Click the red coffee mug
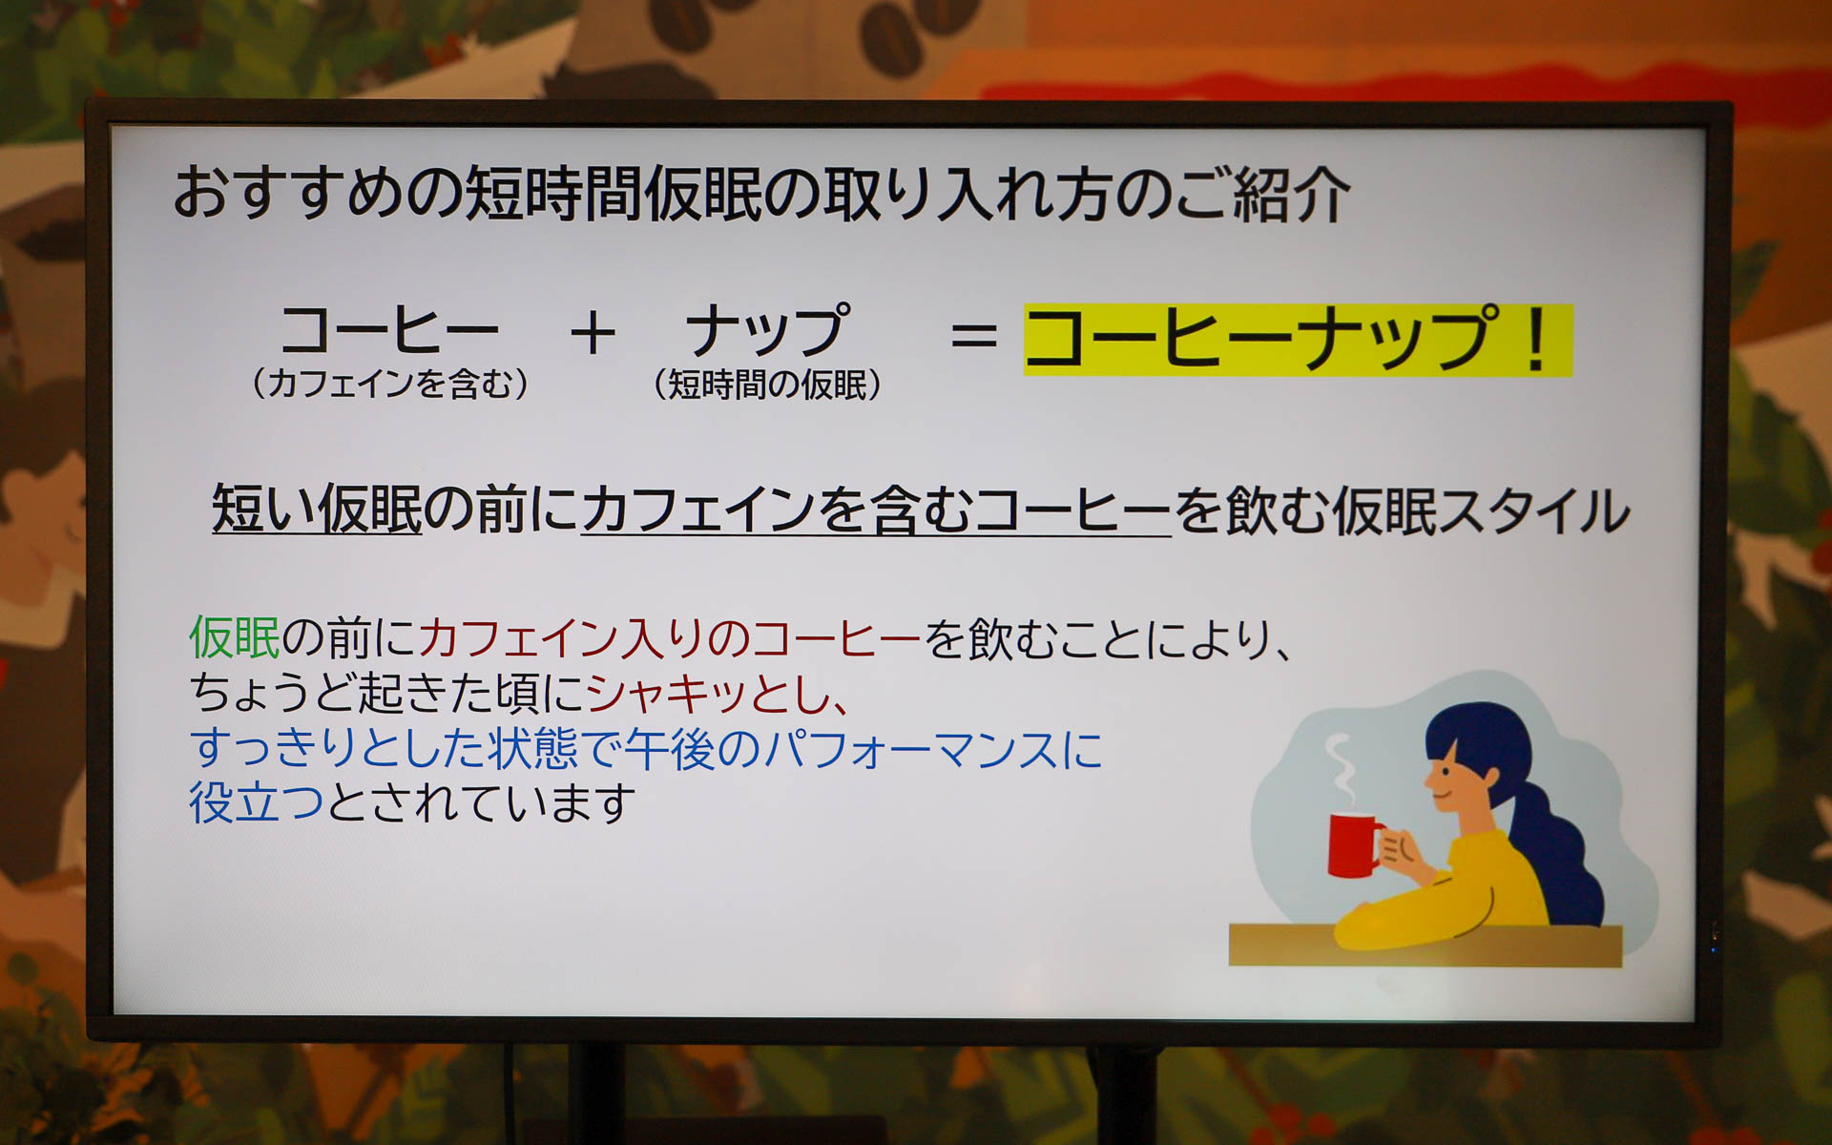tap(1353, 844)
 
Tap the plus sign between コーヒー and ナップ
tap(593, 335)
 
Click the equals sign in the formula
tap(973, 336)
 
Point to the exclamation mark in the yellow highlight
tap(1535, 339)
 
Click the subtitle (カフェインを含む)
tap(390, 384)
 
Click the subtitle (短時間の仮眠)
tap(767, 385)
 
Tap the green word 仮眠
tap(235, 637)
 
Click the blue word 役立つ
tap(257, 802)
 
